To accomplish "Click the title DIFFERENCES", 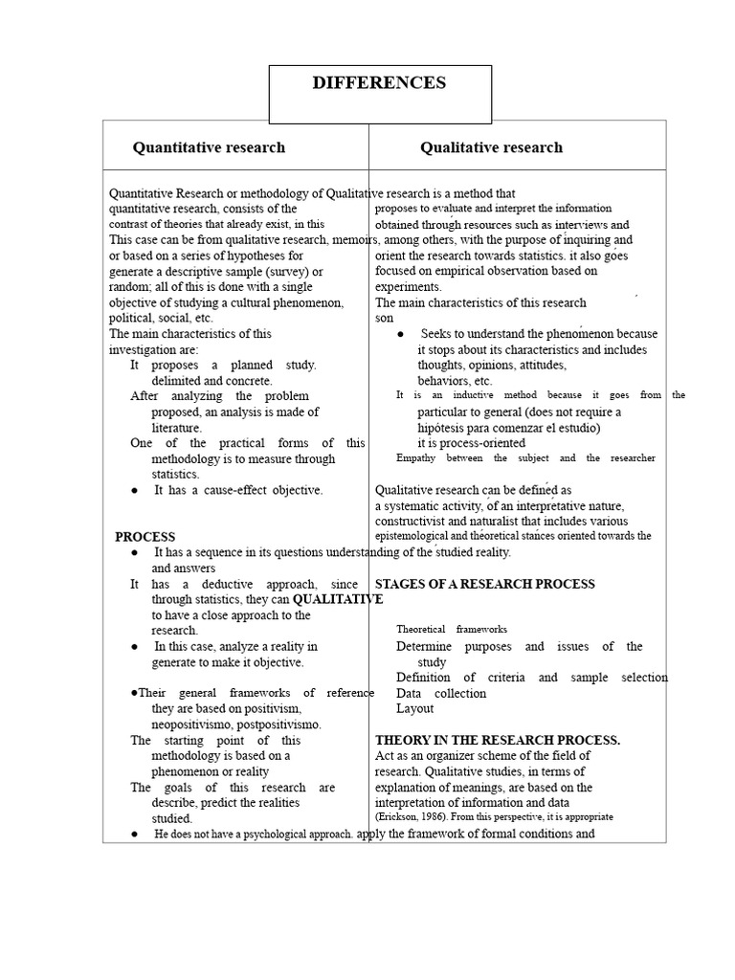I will (x=379, y=83).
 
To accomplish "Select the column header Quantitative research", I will (x=209, y=147).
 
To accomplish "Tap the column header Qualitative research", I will (x=491, y=147).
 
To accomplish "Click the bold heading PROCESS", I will (x=145, y=537).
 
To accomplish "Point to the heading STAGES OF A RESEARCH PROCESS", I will (x=484, y=584).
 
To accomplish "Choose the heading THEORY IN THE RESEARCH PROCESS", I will (x=498, y=740).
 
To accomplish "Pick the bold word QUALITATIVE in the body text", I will (x=338, y=599).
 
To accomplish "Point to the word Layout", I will (x=414, y=709).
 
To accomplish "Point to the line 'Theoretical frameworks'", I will (x=452, y=630).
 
